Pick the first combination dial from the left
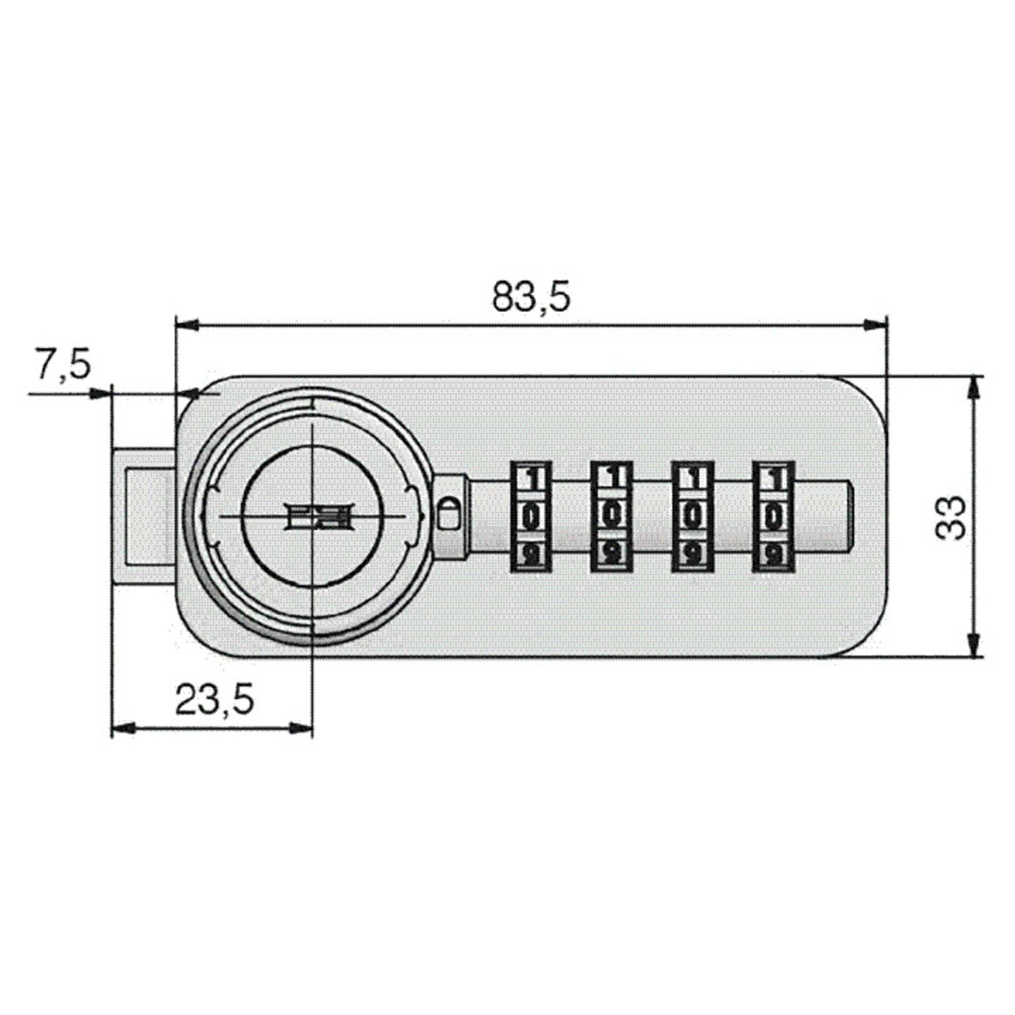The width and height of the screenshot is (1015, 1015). tap(531, 516)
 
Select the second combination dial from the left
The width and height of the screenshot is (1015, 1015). tap(611, 516)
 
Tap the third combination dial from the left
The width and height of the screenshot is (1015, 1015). tap(692, 516)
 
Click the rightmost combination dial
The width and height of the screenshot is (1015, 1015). tap(773, 516)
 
